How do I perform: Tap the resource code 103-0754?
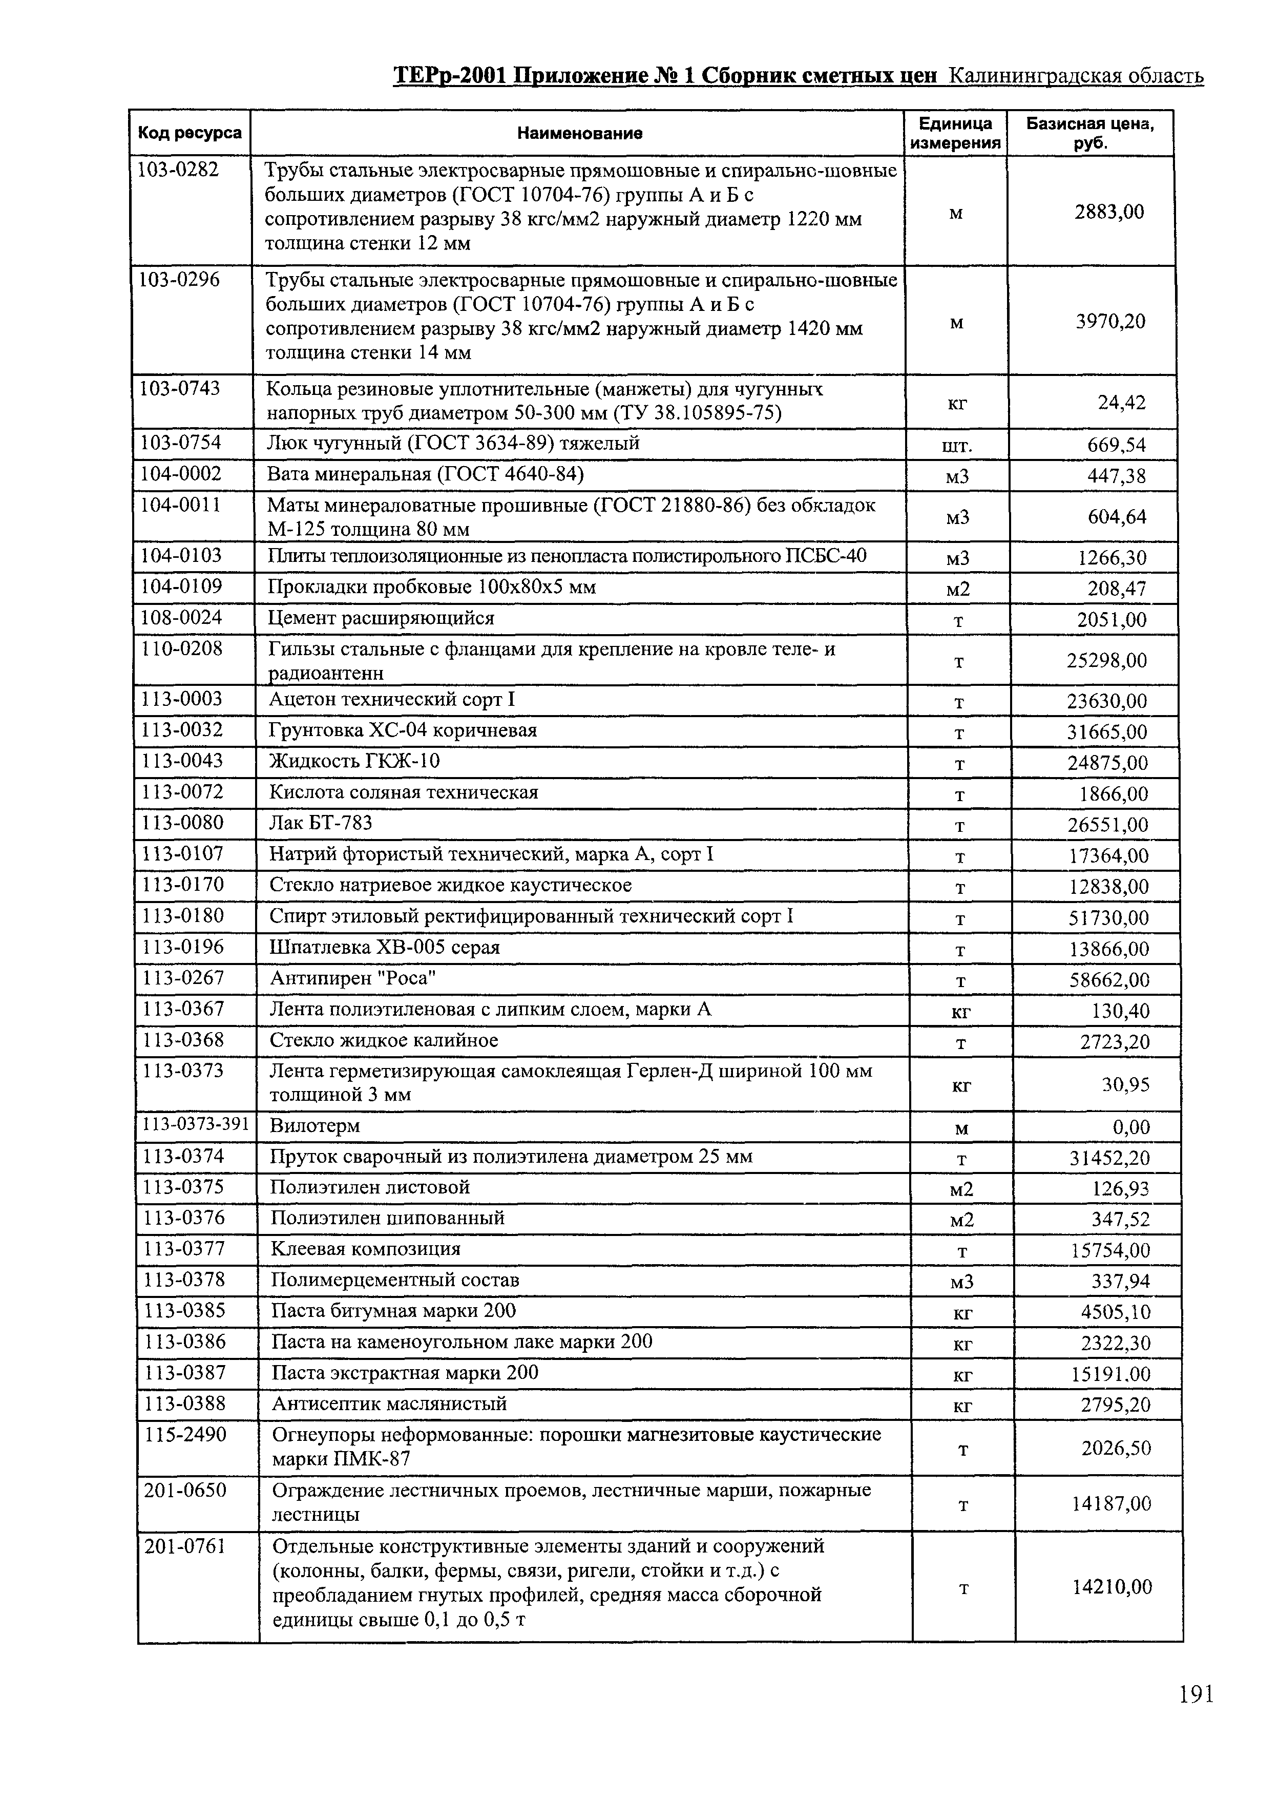[180, 444]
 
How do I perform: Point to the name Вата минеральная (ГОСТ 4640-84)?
[426, 474]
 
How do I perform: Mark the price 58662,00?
[1109, 980]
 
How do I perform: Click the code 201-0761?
[185, 1545]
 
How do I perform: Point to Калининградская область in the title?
[1076, 76]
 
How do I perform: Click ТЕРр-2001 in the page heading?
[450, 76]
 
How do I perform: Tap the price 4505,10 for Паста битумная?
[1115, 1312]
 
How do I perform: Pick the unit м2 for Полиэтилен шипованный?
[961, 1220]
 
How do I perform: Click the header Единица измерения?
[955, 133]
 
